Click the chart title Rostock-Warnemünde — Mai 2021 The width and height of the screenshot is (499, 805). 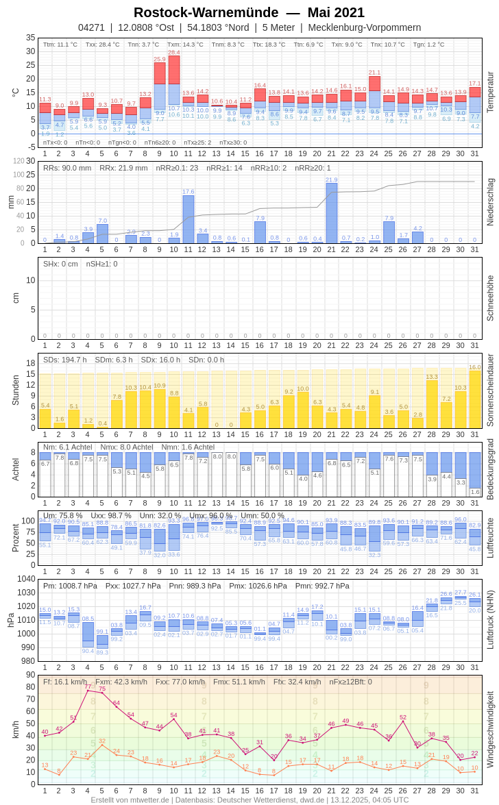(249, 12)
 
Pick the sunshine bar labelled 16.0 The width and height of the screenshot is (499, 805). (474, 400)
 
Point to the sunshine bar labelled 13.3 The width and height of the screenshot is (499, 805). (432, 404)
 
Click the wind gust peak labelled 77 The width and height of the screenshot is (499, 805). (88, 690)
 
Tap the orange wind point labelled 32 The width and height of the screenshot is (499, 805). (102, 745)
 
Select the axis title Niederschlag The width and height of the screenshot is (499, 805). (490, 202)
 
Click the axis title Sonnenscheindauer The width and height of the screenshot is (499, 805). (490, 390)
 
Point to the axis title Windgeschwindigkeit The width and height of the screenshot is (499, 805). (490, 729)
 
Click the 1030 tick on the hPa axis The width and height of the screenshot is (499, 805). (27, 593)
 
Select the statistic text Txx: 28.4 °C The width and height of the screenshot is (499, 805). (102, 45)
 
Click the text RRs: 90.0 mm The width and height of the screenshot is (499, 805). (67, 168)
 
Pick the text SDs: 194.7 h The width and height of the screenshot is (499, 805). (65, 360)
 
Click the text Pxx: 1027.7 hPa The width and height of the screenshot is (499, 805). (133, 586)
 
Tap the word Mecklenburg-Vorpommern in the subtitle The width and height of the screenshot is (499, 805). (364, 27)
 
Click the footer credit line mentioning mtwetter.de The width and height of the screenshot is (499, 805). (249, 800)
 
